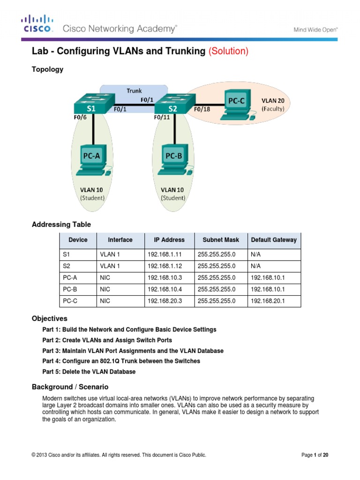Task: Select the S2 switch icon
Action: point(172,103)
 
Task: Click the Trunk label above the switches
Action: point(134,90)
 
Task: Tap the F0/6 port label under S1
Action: point(80,118)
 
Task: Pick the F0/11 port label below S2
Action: point(162,118)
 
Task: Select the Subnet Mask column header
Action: point(220,240)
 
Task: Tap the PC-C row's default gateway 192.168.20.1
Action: point(266,301)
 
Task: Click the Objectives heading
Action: point(49,318)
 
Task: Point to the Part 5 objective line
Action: point(89,372)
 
